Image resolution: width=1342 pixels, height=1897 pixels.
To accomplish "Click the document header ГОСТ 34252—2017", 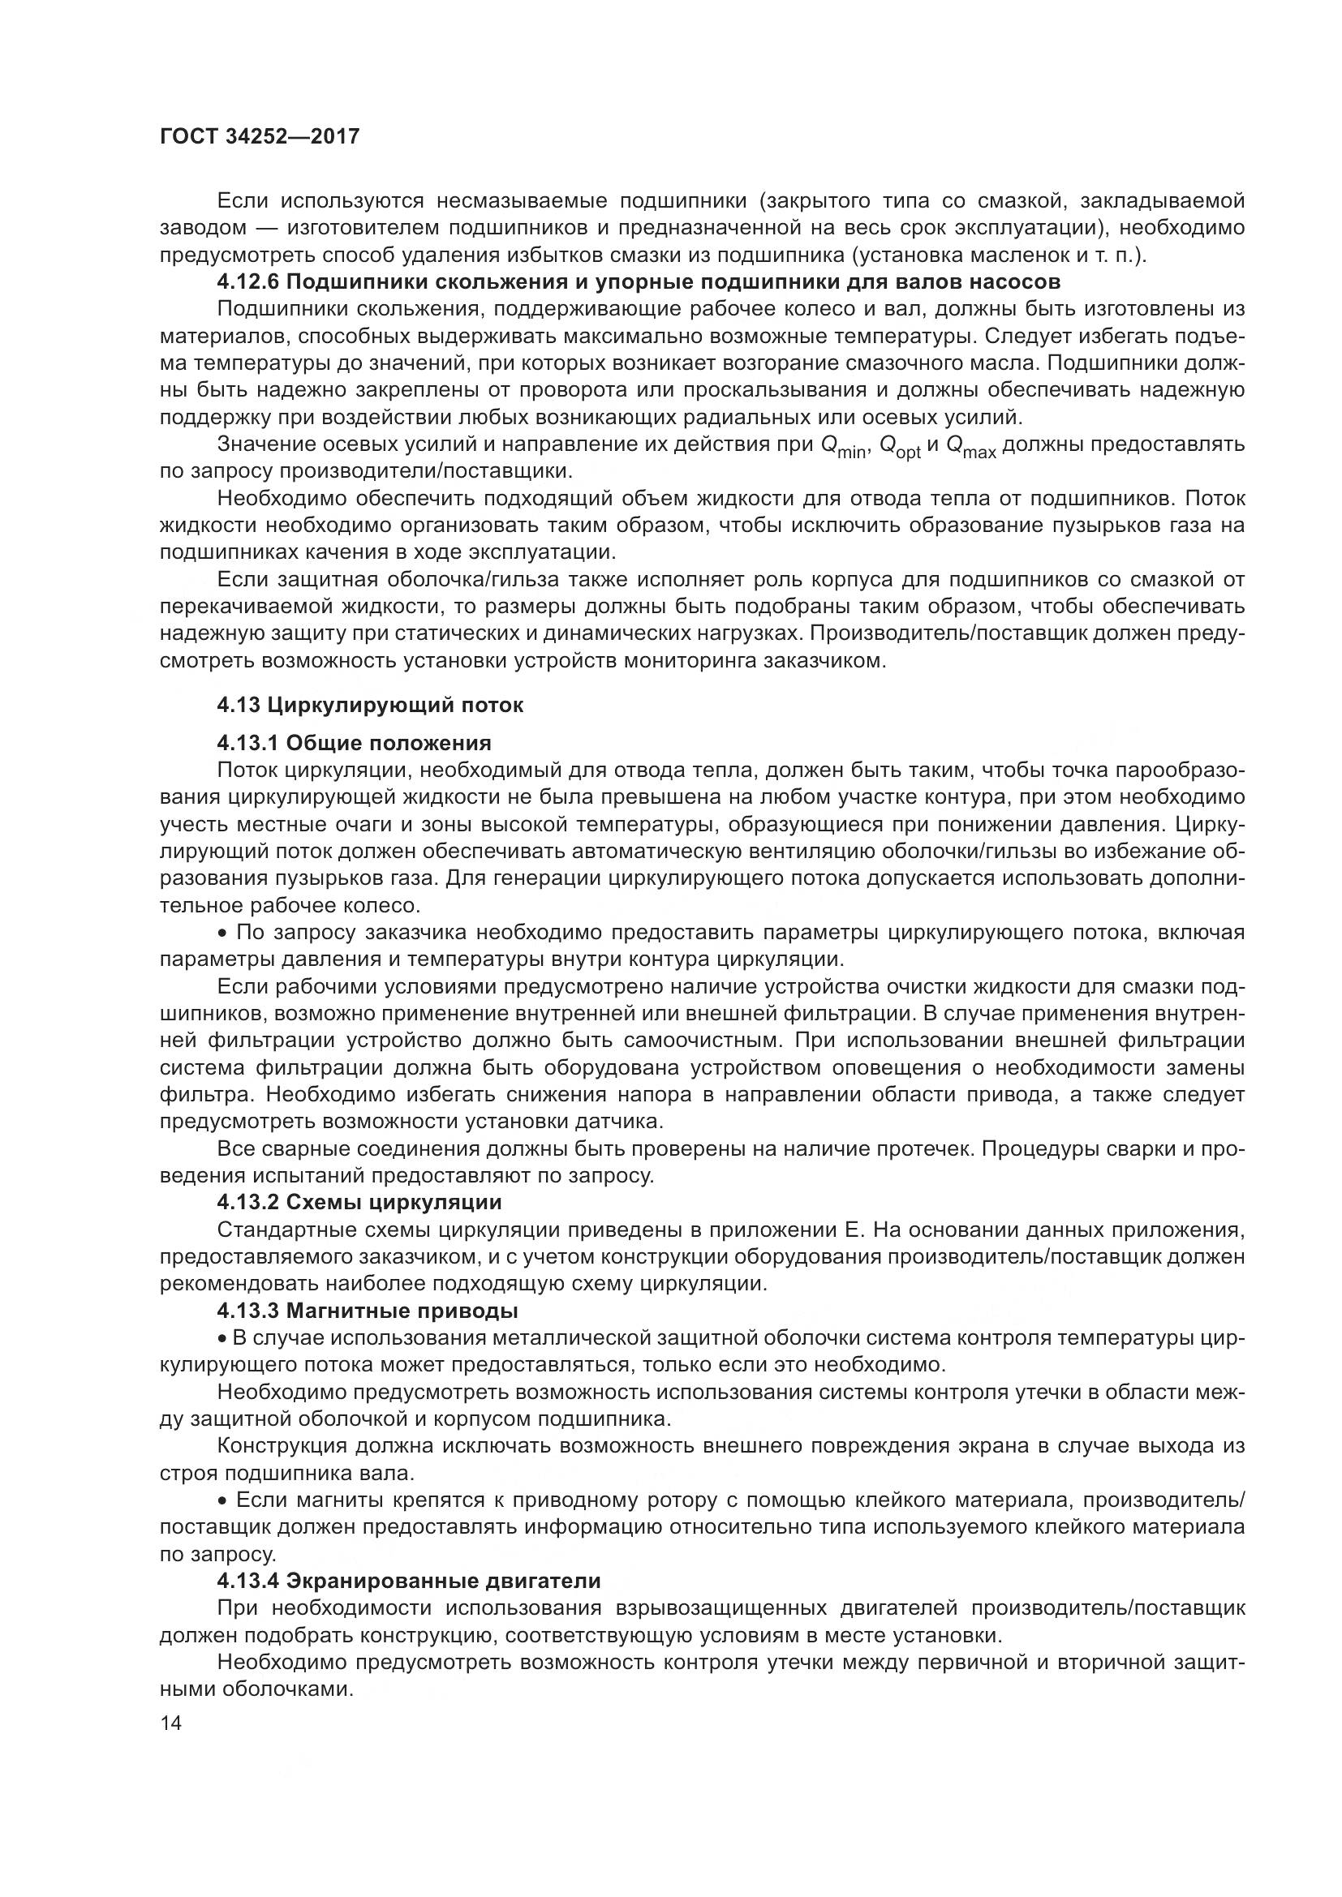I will click(260, 136).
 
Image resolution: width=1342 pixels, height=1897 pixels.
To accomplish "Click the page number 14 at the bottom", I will click(171, 1723).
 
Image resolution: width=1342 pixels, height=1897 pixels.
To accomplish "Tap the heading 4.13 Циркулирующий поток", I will click(370, 705).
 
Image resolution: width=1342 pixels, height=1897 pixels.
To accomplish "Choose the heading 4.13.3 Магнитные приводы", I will click(368, 1311).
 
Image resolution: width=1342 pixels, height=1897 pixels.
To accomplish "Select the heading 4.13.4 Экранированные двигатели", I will click(408, 1581).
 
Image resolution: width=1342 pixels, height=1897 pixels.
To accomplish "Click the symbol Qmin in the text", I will click(842, 447).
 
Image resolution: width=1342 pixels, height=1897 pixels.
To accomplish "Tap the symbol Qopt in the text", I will click(899, 447).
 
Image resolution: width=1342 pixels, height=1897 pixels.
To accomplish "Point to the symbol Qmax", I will click(970, 447).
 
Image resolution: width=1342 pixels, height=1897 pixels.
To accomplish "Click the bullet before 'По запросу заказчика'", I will click(222, 933).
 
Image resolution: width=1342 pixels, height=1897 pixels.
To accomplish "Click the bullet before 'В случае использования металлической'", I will click(222, 1338).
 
